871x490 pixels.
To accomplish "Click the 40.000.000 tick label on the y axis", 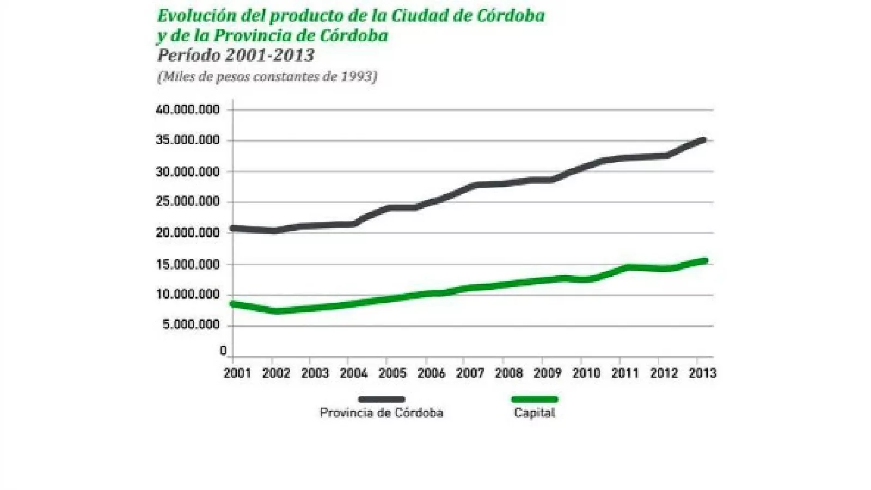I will click(x=188, y=110).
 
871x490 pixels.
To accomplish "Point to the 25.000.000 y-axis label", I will click(x=188, y=202).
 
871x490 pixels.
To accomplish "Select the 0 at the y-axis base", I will click(x=223, y=351).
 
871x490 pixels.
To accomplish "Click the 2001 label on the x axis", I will click(x=237, y=373).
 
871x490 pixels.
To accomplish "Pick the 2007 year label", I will click(x=470, y=373).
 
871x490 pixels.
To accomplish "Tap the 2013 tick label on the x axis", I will click(x=702, y=373).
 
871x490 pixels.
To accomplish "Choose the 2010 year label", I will click(x=586, y=373).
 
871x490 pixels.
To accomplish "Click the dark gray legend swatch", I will click(x=382, y=399).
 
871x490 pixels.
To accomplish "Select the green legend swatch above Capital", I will click(x=535, y=399).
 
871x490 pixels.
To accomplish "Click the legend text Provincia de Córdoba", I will click(x=382, y=413).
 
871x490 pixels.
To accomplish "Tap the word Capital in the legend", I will click(x=535, y=413).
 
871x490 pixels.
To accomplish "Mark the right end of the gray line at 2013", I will click(x=703, y=140).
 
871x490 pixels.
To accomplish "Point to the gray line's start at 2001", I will click(x=233, y=228).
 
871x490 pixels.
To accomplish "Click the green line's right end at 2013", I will click(x=704, y=261).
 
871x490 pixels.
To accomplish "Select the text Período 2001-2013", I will click(x=236, y=56).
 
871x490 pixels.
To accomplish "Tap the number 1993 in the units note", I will click(x=356, y=77).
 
